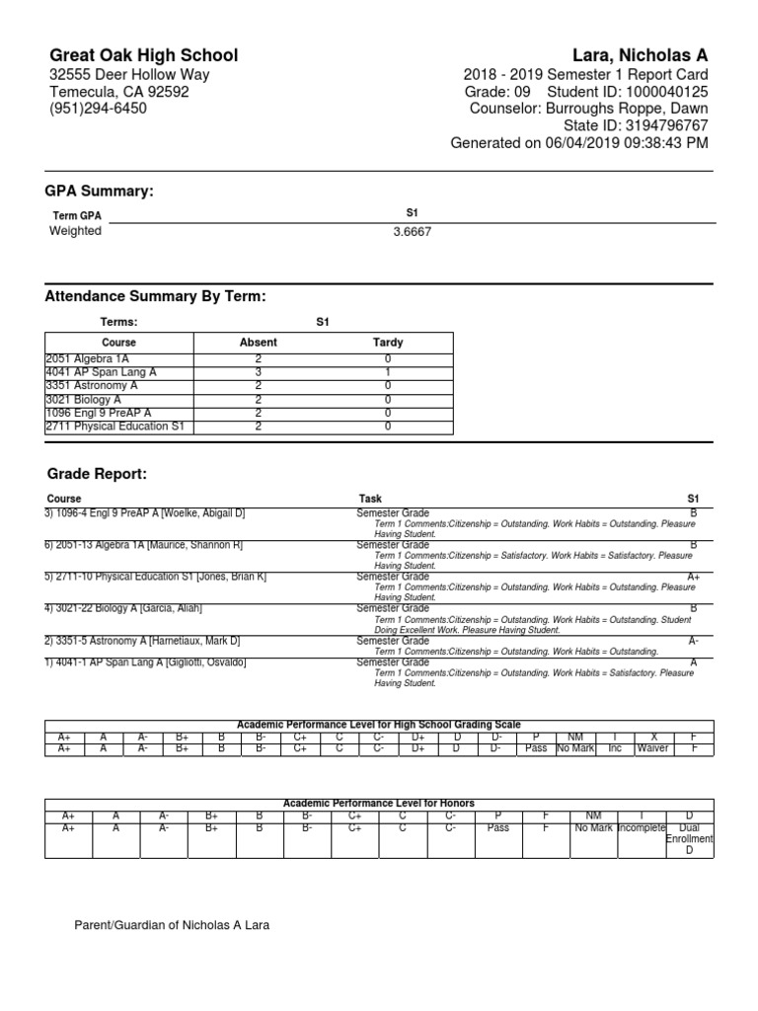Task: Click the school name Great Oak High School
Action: point(143,55)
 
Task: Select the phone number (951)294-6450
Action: point(98,109)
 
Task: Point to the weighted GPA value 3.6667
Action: point(412,232)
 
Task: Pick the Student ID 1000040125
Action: point(658,92)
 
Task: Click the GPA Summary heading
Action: point(99,191)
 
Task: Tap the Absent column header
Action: point(259,343)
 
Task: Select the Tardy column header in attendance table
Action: point(388,343)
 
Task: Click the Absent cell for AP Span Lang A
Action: point(259,371)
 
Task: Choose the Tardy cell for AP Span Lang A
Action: point(388,371)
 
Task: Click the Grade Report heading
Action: point(96,475)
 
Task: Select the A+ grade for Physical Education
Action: point(693,577)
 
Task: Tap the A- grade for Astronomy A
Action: point(693,641)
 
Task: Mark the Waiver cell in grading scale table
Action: point(652,748)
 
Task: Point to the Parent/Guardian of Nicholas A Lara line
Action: point(172,925)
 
